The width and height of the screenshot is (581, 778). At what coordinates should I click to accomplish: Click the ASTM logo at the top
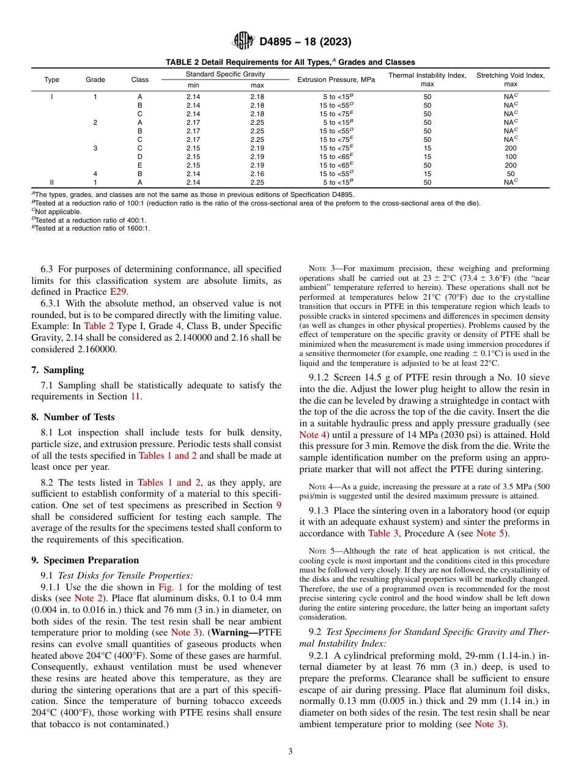point(243,42)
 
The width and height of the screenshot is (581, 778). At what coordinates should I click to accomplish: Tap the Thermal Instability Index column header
point(427,80)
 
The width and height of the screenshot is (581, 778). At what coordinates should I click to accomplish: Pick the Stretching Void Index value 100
point(510,157)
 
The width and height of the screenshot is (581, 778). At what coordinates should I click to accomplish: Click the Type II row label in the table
point(51,182)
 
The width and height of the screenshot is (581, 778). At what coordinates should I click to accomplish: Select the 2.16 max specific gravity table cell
point(257,174)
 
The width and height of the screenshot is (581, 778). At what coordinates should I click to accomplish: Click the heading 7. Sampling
point(57,369)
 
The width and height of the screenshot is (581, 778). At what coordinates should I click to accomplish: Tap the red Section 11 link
point(136,397)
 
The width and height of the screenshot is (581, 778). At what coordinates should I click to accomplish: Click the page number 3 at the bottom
point(290,752)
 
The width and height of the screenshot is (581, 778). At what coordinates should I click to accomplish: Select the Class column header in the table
point(140,80)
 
